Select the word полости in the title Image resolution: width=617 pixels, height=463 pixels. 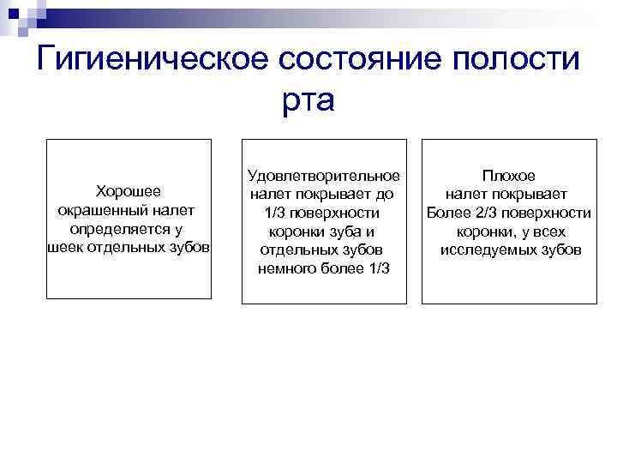pyautogui.click(x=518, y=59)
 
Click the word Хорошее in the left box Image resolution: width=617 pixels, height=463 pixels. pyautogui.click(x=128, y=191)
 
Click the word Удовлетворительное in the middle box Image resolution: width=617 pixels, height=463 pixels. pyautogui.click(x=323, y=176)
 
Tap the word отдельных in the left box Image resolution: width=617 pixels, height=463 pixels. pyautogui.click(x=130, y=250)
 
